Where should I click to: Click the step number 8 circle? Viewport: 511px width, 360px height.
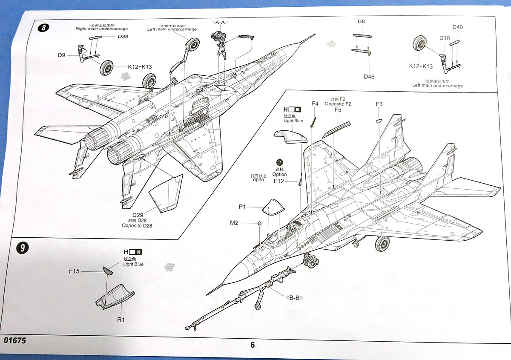[x=43, y=28]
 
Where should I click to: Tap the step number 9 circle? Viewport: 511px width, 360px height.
[x=22, y=248]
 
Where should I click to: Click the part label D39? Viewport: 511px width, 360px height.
[x=123, y=37]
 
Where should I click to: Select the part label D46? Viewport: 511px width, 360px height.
[x=369, y=77]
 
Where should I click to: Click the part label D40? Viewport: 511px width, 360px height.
[x=458, y=27]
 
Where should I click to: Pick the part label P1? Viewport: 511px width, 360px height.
[x=242, y=207]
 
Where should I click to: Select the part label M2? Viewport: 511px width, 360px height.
[x=234, y=222]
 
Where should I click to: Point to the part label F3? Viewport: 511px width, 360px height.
[x=379, y=104]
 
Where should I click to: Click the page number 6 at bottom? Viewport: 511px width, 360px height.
[x=253, y=345]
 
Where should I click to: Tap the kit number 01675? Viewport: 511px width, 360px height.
[x=15, y=341]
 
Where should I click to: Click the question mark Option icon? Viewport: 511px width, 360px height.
[x=279, y=163]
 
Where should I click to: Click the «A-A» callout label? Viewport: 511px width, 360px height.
[x=220, y=22]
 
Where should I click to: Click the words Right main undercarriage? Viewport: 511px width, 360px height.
[x=101, y=29]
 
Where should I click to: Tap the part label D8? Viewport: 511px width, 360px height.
[x=361, y=21]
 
